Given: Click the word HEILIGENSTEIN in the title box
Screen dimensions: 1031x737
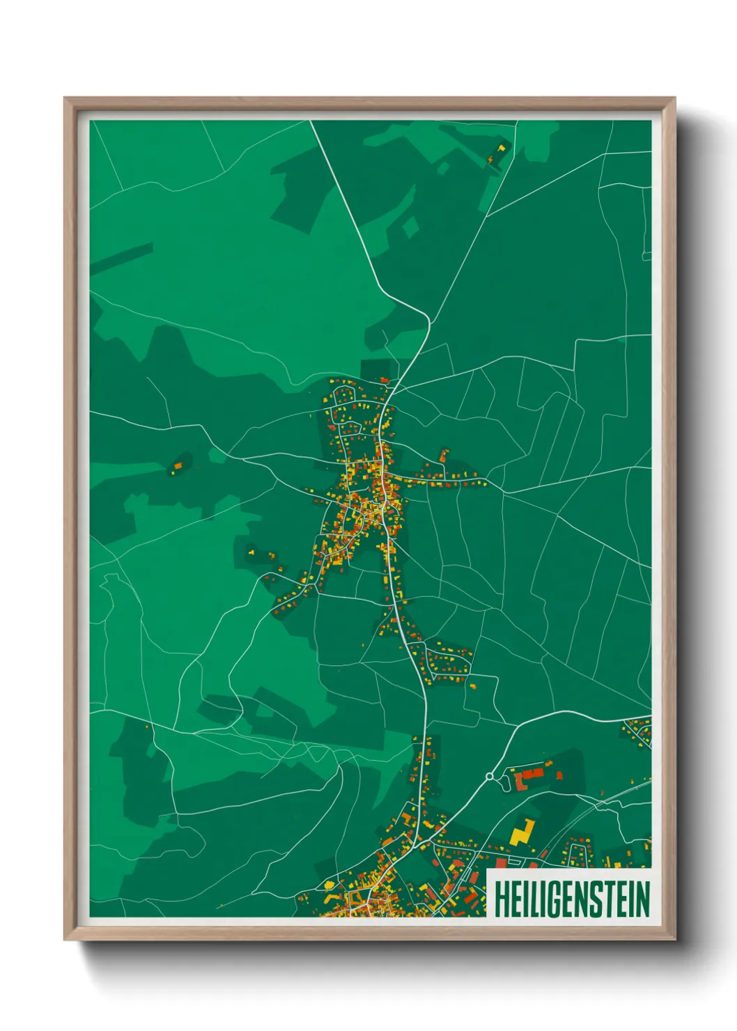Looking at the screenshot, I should tap(571, 899).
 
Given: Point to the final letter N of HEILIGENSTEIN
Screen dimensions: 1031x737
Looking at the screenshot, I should tap(642, 899).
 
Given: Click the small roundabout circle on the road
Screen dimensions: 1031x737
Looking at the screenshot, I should tap(490, 775).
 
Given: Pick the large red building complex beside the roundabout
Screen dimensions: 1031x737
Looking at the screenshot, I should tap(531, 775).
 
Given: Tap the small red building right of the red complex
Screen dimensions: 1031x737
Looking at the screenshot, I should tap(559, 775).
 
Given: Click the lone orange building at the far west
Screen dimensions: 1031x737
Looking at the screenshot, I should tap(178, 465).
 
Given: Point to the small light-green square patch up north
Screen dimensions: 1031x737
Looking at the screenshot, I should tap(411, 227).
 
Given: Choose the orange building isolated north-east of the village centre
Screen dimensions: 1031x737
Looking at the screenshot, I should tap(442, 456).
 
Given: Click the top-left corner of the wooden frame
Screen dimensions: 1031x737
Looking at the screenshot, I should tap(65, 99).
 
